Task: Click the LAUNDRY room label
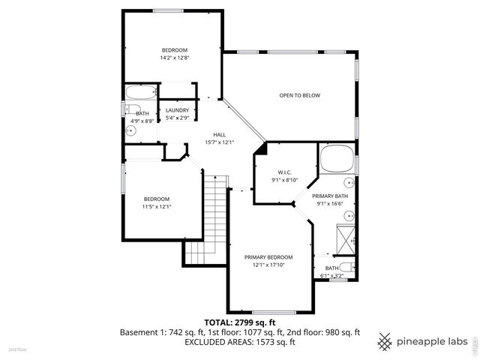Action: pyautogui.click(x=177, y=110)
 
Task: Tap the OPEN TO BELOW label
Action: pyautogui.click(x=300, y=95)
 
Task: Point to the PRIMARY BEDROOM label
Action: pyautogui.click(x=268, y=256)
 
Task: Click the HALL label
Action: pyautogui.click(x=220, y=134)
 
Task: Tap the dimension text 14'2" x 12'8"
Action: pyautogui.click(x=173, y=58)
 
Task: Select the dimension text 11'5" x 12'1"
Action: pyautogui.click(x=157, y=207)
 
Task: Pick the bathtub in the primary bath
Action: pyautogui.click(x=337, y=159)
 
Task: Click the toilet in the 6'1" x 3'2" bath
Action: pyautogui.click(x=345, y=267)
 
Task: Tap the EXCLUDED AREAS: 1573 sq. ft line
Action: pyautogui.click(x=240, y=342)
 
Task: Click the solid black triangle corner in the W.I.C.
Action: pyautogui.click(x=259, y=149)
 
